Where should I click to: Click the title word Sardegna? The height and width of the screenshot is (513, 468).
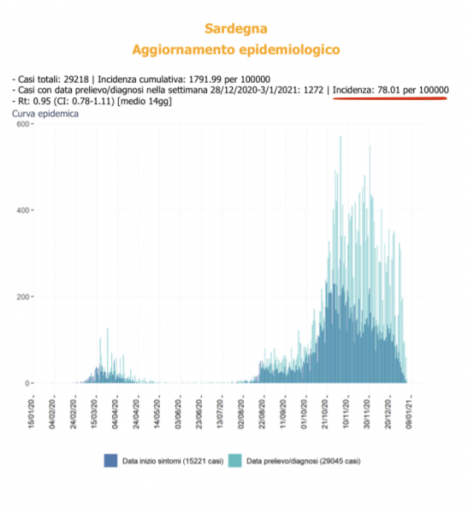236,29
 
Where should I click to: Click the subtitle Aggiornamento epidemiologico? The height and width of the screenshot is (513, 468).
236,50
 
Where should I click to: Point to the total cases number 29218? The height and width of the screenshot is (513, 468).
76,80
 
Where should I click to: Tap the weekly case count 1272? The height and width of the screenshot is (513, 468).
313,90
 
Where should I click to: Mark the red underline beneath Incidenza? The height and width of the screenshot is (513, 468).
390,97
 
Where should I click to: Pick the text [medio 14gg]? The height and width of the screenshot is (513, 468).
145,102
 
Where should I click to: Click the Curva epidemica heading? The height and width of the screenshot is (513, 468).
45,114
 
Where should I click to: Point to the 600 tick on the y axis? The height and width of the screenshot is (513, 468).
23,124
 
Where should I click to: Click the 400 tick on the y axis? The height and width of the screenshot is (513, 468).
23,210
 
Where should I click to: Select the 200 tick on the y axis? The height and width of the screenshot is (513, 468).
23,297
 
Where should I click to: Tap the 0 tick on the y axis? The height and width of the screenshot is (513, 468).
27,383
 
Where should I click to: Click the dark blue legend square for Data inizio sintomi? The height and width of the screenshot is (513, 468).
110,461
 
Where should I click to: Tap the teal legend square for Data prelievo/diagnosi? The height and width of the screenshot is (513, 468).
234,461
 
